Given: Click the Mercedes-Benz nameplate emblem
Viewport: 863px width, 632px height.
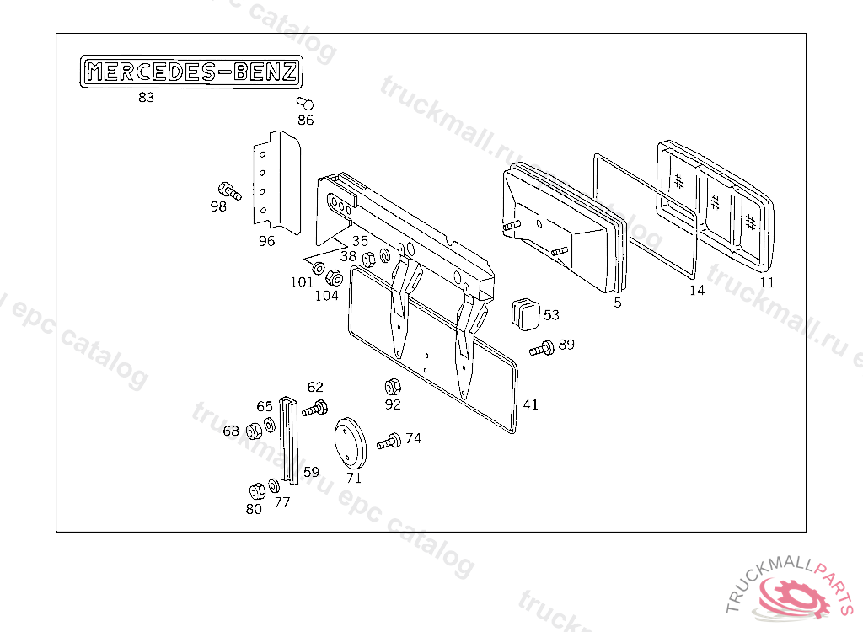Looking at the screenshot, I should pyautogui.click(x=191, y=72).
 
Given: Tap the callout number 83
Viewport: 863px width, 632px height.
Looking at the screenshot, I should pyautogui.click(x=147, y=97).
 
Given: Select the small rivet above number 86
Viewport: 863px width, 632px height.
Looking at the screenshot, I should pyautogui.click(x=306, y=104).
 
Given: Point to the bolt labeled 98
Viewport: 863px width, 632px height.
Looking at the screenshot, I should pyautogui.click(x=228, y=190).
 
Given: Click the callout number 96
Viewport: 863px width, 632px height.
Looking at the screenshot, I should pyautogui.click(x=266, y=241).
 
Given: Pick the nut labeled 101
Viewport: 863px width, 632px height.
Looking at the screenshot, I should pyautogui.click(x=319, y=268).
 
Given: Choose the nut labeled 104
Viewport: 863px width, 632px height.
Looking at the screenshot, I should pyautogui.click(x=333, y=277).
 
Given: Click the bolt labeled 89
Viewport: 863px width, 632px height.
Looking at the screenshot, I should pyautogui.click(x=541, y=347).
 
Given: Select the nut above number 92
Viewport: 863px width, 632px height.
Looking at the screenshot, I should pyautogui.click(x=392, y=388).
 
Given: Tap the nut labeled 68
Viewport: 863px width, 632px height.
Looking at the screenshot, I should pyautogui.click(x=253, y=431).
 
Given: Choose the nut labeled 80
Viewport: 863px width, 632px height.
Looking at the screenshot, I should pyautogui.click(x=256, y=492).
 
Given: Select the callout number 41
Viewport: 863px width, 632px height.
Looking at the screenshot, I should pyautogui.click(x=530, y=404).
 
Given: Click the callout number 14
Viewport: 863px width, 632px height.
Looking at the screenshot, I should pyautogui.click(x=696, y=291).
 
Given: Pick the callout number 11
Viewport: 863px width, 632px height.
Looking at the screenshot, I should pyautogui.click(x=767, y=283).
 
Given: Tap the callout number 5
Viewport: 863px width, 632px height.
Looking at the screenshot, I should pyautogui.click(x=618, y=303).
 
